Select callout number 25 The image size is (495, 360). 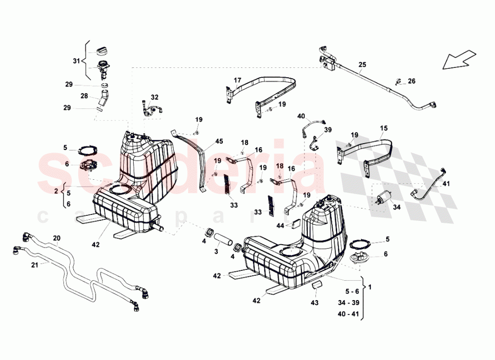click(362, 65)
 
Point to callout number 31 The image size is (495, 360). click(76, 61)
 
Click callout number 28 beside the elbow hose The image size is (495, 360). click(84, 96)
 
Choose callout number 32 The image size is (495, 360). click(154, 97)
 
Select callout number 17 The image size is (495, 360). click(237, 80)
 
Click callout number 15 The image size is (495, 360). click(384, 128)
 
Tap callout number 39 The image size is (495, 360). click(327, 130)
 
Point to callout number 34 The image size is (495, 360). click(396, 207)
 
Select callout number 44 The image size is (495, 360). click(280, 225)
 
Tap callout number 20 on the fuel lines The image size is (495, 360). click(56, 238)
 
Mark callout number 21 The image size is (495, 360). click(34, 265)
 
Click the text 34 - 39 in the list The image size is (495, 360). click(349, 303)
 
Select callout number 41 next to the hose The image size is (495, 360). click(446, 184)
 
